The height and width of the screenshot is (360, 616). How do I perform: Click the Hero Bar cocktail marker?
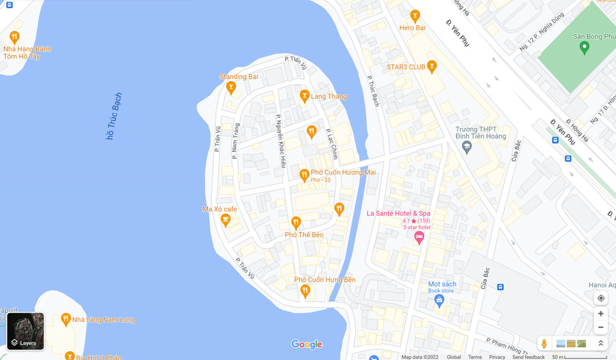pos(415,15)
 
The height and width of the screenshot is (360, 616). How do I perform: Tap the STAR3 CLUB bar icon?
pos(432,65)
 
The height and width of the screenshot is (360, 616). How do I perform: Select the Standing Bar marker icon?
pos(231,87)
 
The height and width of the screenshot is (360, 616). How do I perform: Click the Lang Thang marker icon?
pos(305,96)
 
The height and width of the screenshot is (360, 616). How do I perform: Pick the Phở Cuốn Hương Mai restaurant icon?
pos(304,174)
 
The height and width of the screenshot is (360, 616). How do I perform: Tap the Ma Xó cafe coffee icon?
pos(225,220)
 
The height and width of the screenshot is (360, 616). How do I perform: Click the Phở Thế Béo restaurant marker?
pos(296,222)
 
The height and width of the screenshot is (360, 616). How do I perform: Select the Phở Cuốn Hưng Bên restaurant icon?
pos(305,291)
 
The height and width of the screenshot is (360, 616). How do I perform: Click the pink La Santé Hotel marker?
pos(419,237)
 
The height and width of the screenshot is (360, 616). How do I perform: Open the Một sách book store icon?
pos(439,300)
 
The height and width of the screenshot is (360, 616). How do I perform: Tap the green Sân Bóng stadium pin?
pos(584,47)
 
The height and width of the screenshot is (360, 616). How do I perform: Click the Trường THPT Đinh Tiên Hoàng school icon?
pos(467,147)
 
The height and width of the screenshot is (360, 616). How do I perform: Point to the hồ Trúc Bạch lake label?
pos(114,116)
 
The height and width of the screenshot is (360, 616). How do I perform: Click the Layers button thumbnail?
pos(26,331)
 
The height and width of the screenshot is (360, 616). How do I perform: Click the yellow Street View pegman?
pos(544,343)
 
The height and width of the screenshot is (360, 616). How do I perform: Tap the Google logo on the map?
pos(307,344)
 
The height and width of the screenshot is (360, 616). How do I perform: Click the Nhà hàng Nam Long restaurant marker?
pos(65,318)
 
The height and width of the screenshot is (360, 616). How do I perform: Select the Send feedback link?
pos(528,357)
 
